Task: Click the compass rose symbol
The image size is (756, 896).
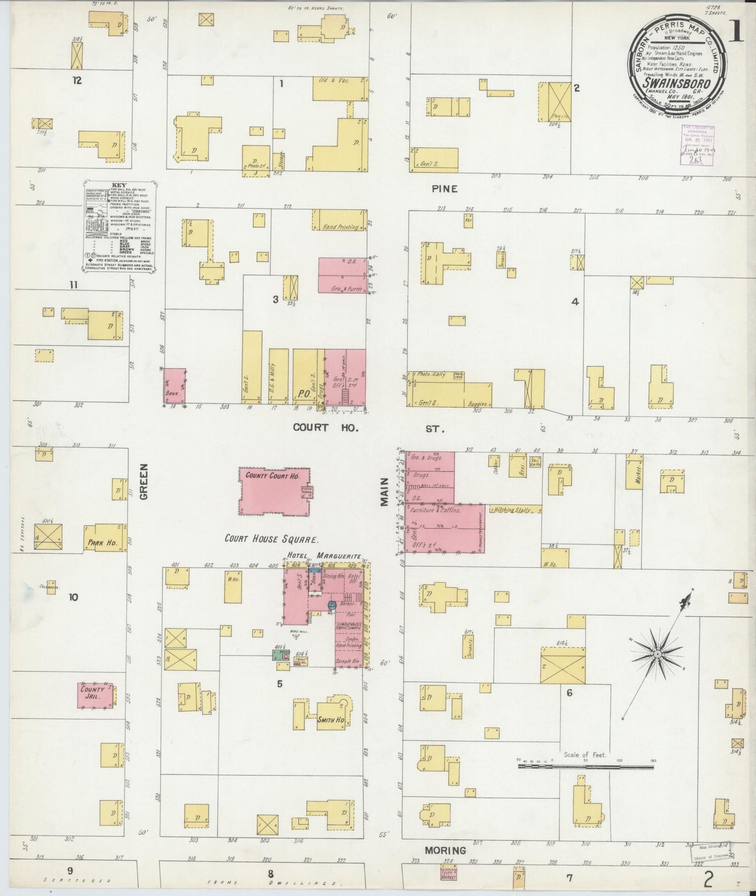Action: [x=657, y=654]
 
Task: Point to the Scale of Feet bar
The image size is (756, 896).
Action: [x=586, y=767]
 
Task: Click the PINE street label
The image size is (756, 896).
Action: [x=445, y=189]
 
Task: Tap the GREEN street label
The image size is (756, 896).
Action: [x=144, y=481]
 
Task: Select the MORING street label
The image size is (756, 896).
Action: [x=445, y=851]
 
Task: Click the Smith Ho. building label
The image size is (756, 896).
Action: [x=330, y=720]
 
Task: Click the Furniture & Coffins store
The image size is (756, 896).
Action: [x=435, y=510]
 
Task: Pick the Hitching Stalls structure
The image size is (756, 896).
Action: [x=515, y=510]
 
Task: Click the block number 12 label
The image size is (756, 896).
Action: [x=77, y=81]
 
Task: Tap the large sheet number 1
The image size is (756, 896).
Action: [x=735, y=32]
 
